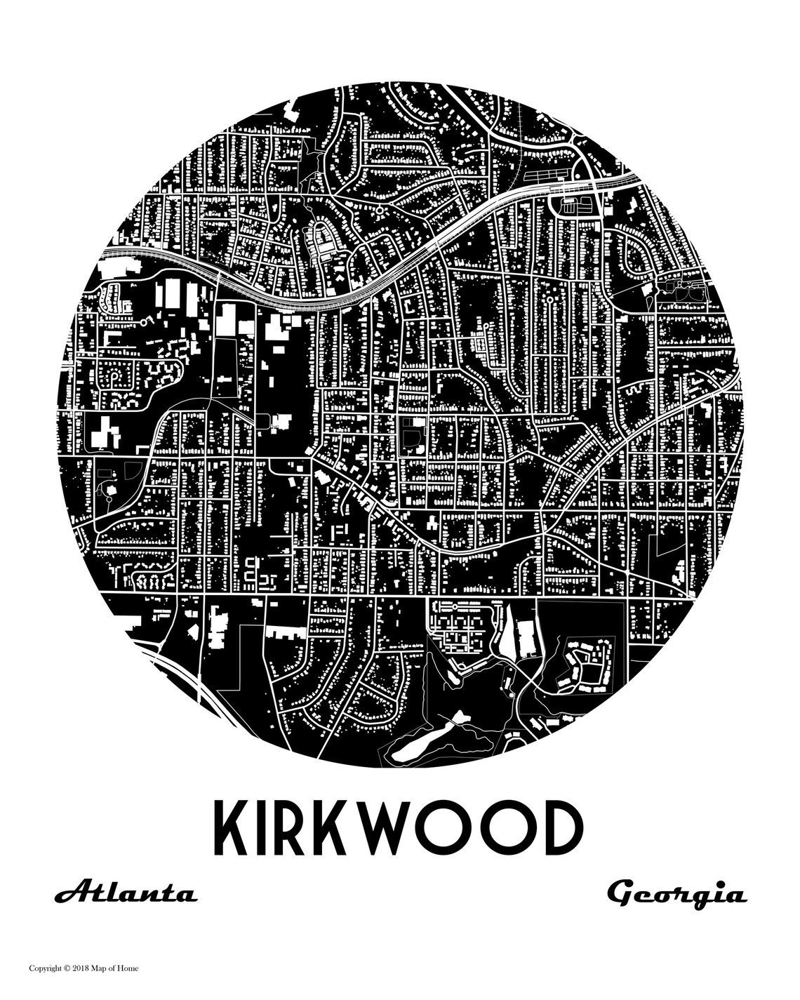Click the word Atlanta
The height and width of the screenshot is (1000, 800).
pos(126,895)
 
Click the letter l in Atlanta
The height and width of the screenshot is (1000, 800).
pos(112,893)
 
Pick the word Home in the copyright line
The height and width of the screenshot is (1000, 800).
pos(129,968)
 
